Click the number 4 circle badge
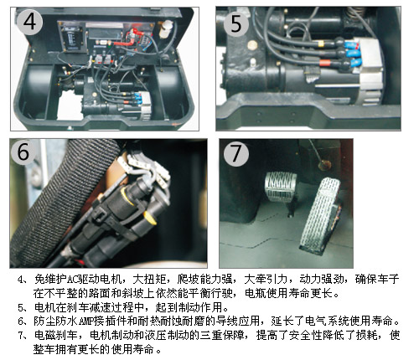[x=29, y=21]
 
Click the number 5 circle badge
[x=236, y=23]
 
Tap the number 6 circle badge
[x=23, y=152]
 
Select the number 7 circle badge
[x=236, y=154]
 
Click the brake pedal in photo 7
[x=281, y=186]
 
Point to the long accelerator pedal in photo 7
[x=320, y=215]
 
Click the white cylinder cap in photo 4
[x=165, y=28]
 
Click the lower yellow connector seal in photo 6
[x=150, y=218]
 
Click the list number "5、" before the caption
[x=23, y=307]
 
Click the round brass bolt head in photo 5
[x=252, y=44]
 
